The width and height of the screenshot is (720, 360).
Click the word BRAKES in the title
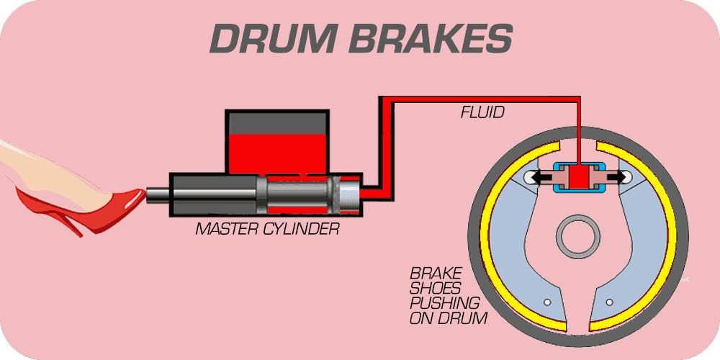click(431, 39)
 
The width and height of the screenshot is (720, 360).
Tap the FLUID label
click(482, 112)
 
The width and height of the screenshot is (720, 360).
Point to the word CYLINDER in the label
click(301, 229)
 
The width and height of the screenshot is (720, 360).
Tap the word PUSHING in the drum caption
click(444, 303)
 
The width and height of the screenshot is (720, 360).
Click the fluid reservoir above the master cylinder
click(277, 143)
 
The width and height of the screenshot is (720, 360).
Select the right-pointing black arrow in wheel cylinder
click(617, 176)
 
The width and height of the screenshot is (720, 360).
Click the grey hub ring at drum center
click(578, 237)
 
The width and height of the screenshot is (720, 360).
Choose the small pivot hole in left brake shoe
click(547, 302)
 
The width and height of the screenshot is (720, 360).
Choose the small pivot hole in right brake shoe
click(609, 302)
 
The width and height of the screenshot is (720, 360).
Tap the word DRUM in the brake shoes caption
click(465, 318)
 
